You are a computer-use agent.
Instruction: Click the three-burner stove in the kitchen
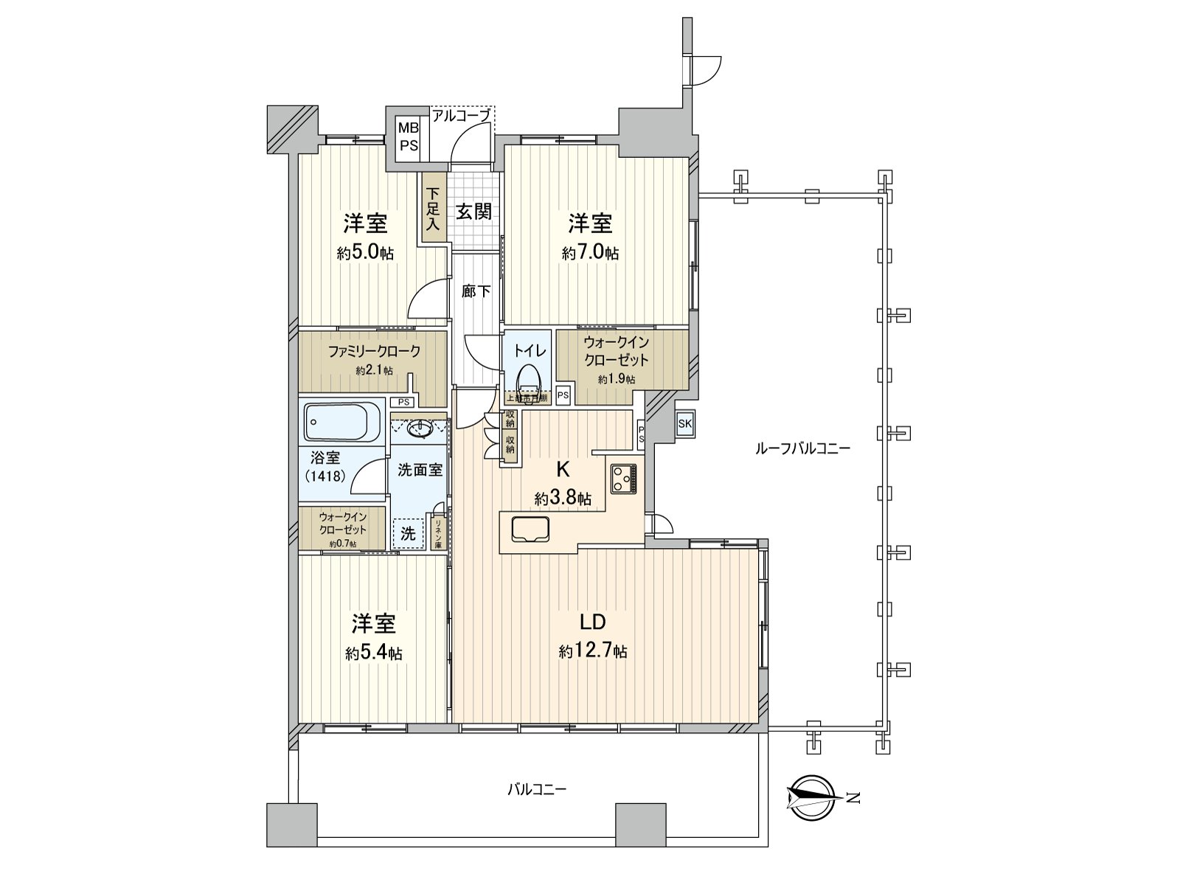625,479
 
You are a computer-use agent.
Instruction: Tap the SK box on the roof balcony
684,423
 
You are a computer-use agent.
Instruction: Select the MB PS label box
409,136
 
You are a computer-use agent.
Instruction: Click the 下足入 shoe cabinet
432,209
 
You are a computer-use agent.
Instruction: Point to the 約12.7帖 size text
593,651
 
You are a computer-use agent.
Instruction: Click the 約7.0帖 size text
590,253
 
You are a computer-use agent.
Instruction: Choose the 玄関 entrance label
473,212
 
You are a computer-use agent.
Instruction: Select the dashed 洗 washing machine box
408,533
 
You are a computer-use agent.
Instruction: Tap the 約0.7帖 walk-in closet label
343,544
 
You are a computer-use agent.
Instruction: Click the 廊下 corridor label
476,291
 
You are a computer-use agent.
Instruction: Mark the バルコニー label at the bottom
537,790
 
